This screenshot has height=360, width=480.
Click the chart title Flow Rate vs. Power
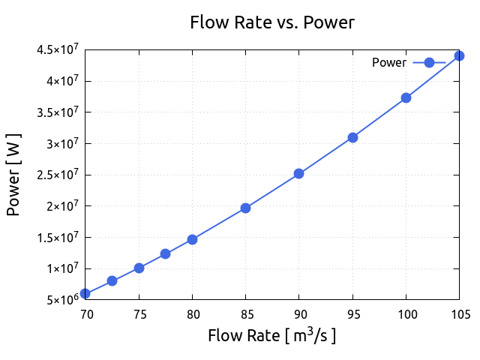coord(271,22)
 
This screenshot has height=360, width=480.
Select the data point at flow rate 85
coord(245,208)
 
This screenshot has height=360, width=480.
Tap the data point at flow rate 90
coord(298,173)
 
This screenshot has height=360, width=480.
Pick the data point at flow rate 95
coord(352,137)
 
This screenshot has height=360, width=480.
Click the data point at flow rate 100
coord(406,97)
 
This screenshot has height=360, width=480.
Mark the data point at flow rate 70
coord(85,293)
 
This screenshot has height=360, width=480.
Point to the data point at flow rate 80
coord(192,239)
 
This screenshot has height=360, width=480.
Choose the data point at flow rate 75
coord(139,268)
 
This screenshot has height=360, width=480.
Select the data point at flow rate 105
coord(459,55)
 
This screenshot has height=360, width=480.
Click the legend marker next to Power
coord(429,63)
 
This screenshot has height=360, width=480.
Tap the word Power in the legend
coord(388,63)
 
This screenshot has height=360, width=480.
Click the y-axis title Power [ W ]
coord(13,175)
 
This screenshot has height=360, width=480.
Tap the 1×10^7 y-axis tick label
coord(61,268)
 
